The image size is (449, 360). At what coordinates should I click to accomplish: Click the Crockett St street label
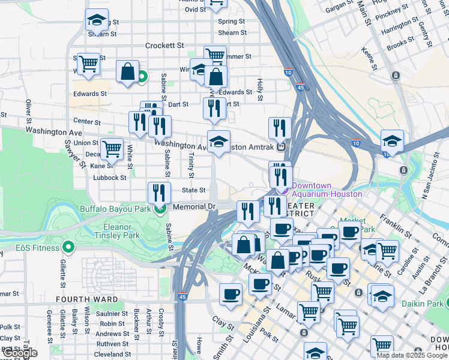tap(164, 46)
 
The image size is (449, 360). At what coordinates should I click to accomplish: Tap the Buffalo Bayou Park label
tap(115, 209)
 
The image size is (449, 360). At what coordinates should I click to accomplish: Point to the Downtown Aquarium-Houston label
tap(327, 190)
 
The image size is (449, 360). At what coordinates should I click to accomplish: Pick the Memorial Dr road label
tap(193, 206)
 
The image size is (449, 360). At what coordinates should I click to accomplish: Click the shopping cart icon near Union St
tap(111, 148)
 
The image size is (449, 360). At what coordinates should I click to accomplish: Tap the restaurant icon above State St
tap(158, 193)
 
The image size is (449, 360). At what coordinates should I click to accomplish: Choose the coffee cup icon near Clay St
tap(231, 294)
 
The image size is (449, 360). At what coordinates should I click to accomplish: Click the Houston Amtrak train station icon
tap(281, 146)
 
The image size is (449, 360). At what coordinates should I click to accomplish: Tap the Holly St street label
tap(260, 89)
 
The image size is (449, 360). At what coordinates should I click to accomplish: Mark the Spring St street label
tap(232, 22)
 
